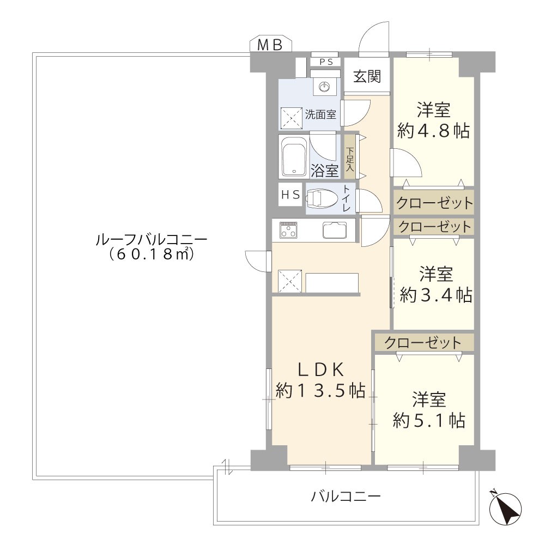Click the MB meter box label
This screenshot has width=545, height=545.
tap(270, 45)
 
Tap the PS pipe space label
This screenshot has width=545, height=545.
tap(326, 62)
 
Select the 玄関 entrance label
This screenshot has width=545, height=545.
tap(367, 76)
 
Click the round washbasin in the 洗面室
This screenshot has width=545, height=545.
tap(324, 87)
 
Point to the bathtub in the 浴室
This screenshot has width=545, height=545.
tap(294, 159)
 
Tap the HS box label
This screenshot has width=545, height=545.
tap(290, 195)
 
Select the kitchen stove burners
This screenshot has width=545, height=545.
tap(288, 231)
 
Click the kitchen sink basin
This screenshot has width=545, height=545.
tap(335, 230)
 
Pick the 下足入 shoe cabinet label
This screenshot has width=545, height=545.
tap(350, 159)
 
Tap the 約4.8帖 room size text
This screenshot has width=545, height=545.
tap(433, 131)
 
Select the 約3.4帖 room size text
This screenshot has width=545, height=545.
tap(436, 295)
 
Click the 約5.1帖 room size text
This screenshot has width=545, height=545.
tap(429, 421)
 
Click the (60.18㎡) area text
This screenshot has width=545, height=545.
tap(151, 255)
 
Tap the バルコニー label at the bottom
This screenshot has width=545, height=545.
tap(346, 496)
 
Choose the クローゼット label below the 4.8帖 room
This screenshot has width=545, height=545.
tap(434, 203)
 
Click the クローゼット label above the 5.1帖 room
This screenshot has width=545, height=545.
tap(423, 343)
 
